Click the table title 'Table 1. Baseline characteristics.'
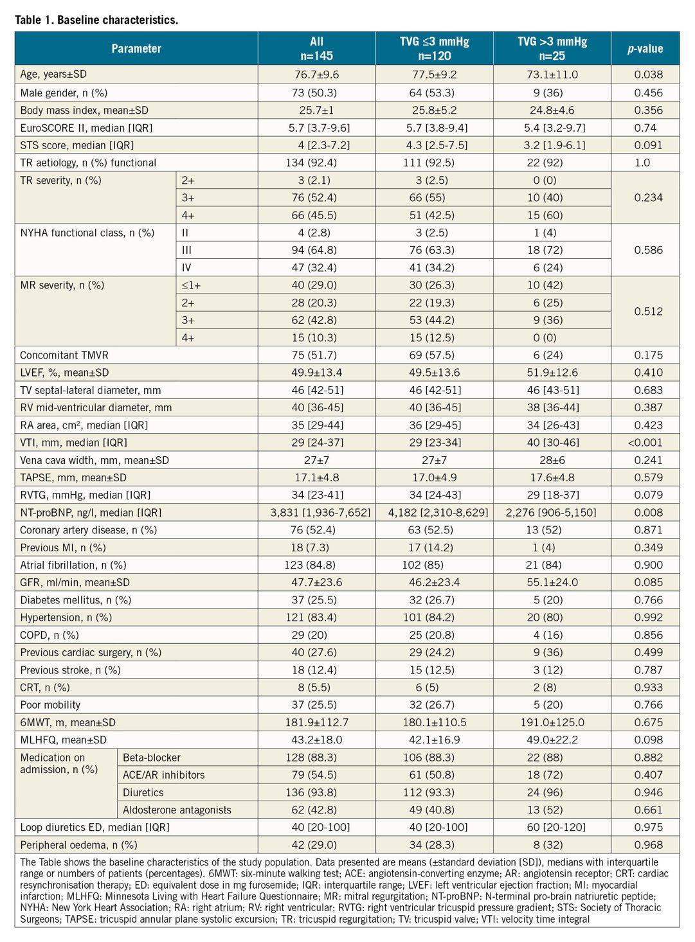tap(96, 20)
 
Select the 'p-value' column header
tap(645, 49)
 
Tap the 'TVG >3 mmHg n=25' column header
tap(552, 49)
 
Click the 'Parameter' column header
tap(136, 49)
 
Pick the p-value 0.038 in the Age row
tap(648, 75)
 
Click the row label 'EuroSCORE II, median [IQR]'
tap(86, 128)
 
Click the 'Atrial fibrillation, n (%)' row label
tap(73, 565)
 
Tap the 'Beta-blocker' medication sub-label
tap(152, 758)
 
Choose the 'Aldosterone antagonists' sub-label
tap(177, 810)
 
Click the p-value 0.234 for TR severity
tap(648, 198)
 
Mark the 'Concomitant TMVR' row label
tap(64, 355)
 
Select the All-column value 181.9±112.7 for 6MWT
tap(316, 723)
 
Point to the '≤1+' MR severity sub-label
tap(191, 285)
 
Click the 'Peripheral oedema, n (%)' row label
tap(78, 845)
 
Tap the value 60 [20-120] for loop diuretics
tap(552, 828)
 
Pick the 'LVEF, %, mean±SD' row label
tap(64, 373)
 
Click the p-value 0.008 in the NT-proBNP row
tap(648, 513)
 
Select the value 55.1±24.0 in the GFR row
tap(552, 583)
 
